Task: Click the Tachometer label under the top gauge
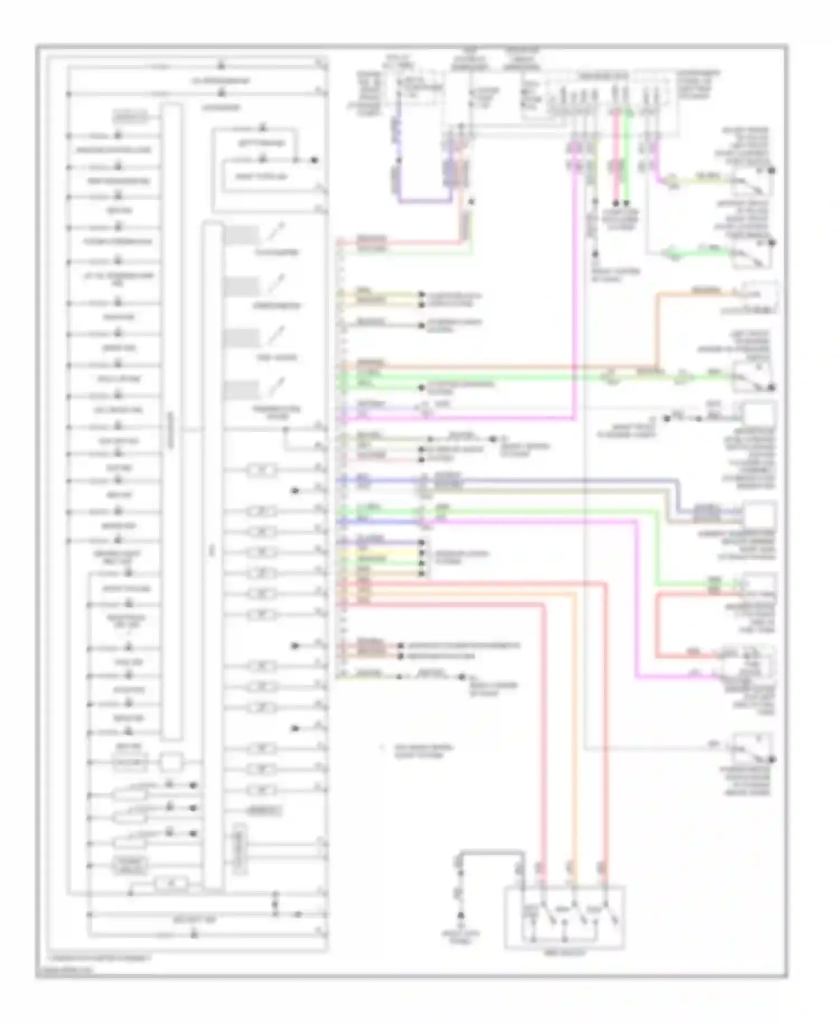[277, 252]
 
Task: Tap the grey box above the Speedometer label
[241, 287]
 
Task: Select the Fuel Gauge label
[277, 358]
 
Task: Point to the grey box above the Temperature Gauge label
[241, 391]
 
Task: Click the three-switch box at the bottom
[564, 917]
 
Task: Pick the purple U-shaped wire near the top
[425, 200]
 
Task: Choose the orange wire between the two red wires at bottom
[575, 728]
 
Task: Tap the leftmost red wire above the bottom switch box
[541, 728]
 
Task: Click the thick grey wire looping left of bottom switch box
[491, 853]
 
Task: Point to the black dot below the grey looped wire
[461, 916]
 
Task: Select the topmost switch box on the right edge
[753, 182]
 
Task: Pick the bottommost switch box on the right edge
[753, 750]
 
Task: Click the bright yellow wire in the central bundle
[380, 551]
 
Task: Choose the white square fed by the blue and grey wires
[760, 515]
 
